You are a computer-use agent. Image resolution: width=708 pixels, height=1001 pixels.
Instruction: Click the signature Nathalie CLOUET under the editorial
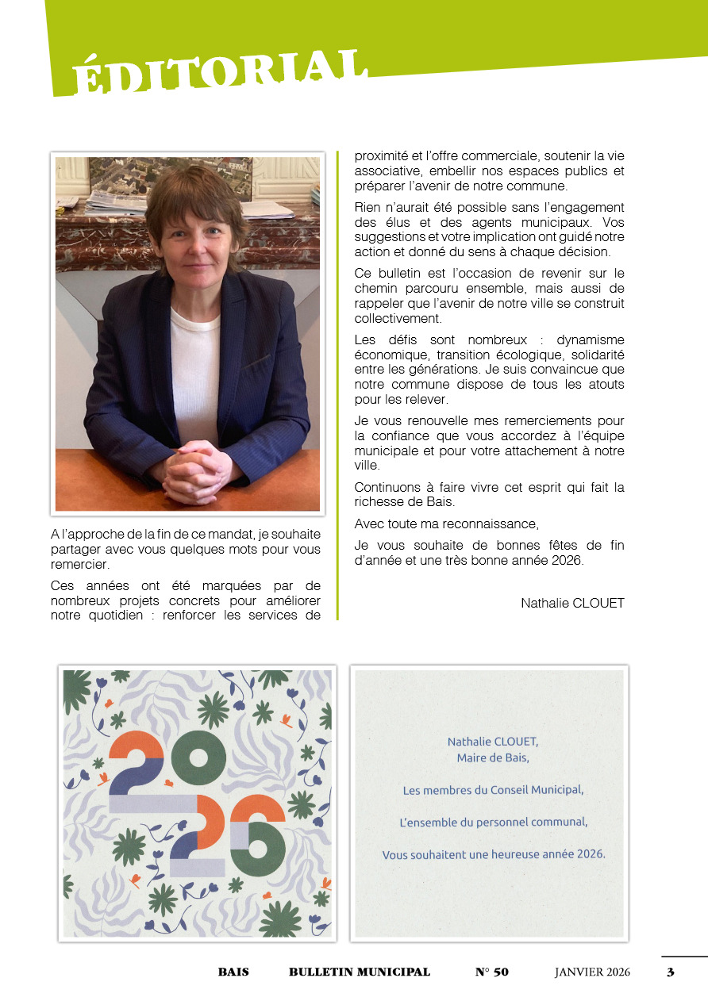coord(572,604)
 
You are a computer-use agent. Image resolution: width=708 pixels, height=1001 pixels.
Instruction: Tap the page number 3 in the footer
coord(670,972)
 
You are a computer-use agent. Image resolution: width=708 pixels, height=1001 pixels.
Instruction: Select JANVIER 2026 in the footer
coord(592,972)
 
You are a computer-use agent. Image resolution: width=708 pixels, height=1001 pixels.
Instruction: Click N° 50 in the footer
coord(491,972)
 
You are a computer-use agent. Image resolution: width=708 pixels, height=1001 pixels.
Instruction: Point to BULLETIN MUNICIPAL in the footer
coord(359,972)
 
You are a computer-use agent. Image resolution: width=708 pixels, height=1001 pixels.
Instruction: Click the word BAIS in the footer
coord(233,972)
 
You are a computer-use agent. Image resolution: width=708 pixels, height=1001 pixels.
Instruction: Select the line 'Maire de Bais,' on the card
coord(492,757)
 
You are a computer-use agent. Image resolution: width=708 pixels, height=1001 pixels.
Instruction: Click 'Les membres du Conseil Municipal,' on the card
coord(493,790)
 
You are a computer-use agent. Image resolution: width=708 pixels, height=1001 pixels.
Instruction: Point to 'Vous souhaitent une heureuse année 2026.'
coord(493,854)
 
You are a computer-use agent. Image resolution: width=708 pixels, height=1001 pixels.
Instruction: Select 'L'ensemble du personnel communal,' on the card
coord(493,823)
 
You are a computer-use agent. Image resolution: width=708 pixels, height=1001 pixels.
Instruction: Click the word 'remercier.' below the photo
coord(79,565)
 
